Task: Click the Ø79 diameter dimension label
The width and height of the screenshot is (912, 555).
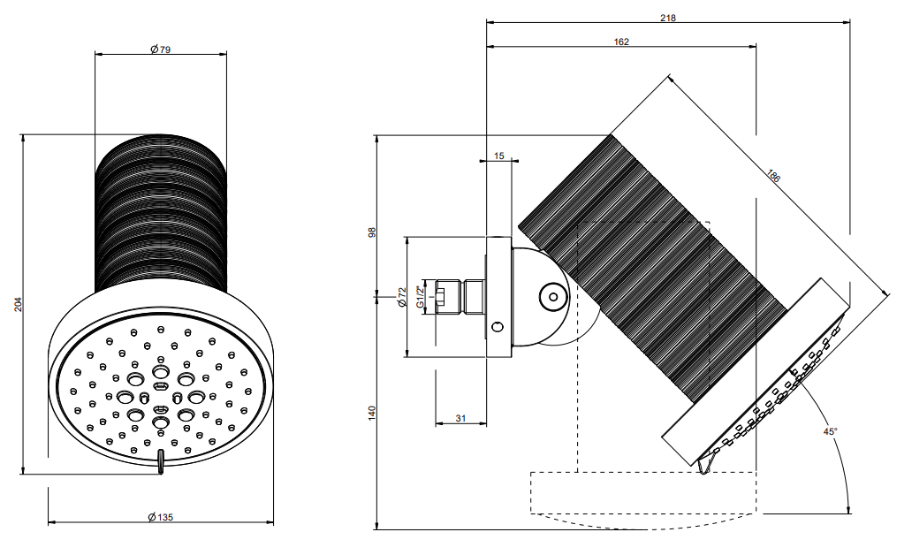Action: pos(161,49)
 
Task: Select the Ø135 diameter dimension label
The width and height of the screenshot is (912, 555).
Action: pos(161,517)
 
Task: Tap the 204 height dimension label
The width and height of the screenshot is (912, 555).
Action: pos(18,304)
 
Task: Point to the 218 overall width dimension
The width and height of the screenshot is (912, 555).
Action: pos(668,18)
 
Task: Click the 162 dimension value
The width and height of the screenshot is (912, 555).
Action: pos(621,42)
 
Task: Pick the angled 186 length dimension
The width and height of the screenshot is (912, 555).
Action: pos(773,176)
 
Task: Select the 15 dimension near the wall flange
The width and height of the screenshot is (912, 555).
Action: pos(499,156)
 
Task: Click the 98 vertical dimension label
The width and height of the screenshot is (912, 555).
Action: pos(372,232)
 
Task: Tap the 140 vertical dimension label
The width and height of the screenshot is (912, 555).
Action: pos(372,413)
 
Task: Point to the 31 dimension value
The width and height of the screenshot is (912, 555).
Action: pos(460,418)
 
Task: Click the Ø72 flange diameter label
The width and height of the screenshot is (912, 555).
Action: pos(402,297)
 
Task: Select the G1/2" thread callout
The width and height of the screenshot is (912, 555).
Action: pos(420,297)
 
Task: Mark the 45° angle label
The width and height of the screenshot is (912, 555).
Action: pos(830,431)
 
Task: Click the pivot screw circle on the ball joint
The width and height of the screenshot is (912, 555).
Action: pos(553,297)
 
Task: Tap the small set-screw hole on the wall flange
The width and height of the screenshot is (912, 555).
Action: pos(498,328)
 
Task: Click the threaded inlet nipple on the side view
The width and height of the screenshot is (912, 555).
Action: pos(460,297)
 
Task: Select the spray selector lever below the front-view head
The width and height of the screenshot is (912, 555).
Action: pos(161,461)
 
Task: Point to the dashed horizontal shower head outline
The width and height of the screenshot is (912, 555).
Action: pos(642,492)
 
